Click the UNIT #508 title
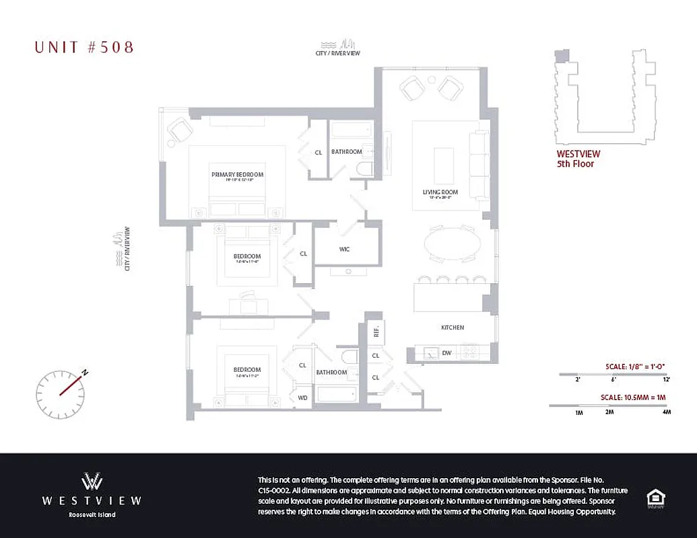[x=84, y=47]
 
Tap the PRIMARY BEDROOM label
[x=237, y=175]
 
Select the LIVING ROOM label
[x=440, y=192]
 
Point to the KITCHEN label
[x=453, y=328]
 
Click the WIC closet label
[x=344, y=249]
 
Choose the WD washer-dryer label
[x=302, y=397]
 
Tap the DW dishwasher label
[x=446, y=353]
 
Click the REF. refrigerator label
[x=376, y=332]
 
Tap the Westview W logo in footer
[x=92, y=482]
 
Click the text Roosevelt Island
[x=92, y=515]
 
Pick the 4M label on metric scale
[x=666, y=412]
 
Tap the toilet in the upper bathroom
[x=366, y=168]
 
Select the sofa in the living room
[x=479, y=161]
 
